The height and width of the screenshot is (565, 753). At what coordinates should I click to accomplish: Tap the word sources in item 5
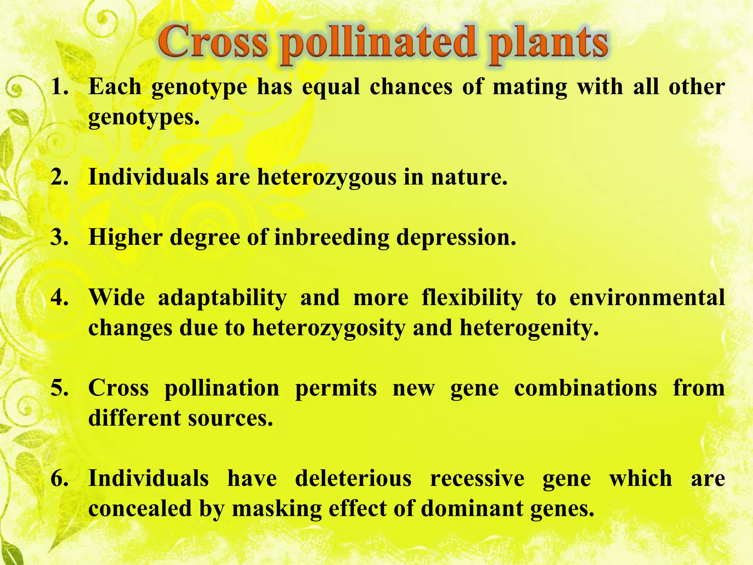231,418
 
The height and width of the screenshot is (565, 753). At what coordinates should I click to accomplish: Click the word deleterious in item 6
353,478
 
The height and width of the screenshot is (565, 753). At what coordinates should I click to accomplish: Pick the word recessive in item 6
477,478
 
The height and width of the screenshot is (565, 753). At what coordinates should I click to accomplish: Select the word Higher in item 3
125,238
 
